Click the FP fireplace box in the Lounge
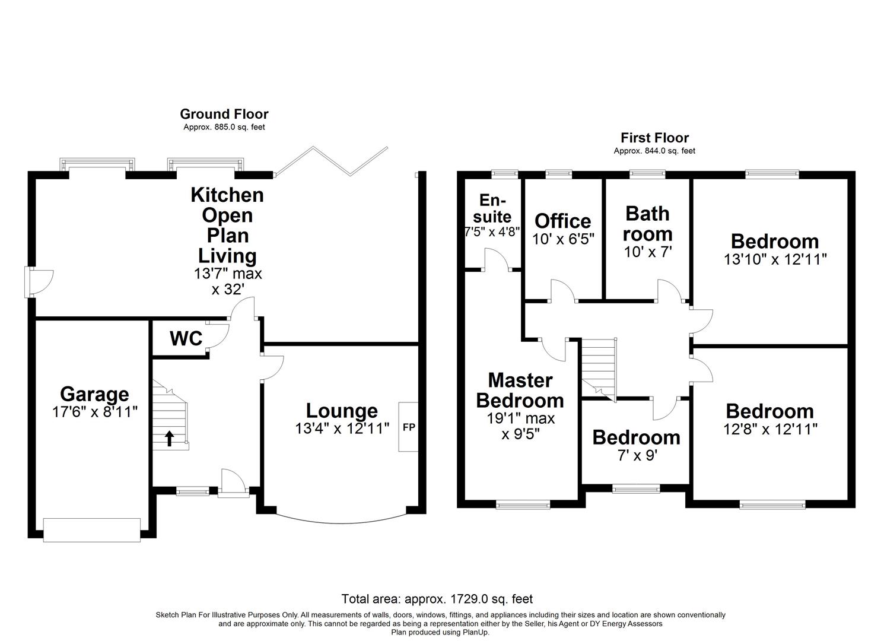[x=408, y=427]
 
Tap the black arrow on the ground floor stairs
[x=169, y=439]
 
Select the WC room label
[x=186, y=339]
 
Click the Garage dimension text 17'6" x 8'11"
[x=95, y=411]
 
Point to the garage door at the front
[x=92, y=529]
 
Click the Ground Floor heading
[x=224, y=114]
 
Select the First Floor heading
[x=654, y=138]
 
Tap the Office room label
[x=562, y=221]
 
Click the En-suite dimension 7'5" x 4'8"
[x=492, y=232]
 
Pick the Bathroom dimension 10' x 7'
[x=647, y=252]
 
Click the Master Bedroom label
[x=520, y=390]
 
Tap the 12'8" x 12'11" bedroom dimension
[x=770, y=429]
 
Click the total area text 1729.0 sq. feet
[x=437, y=599]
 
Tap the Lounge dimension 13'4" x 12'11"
[x=342, y=428]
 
